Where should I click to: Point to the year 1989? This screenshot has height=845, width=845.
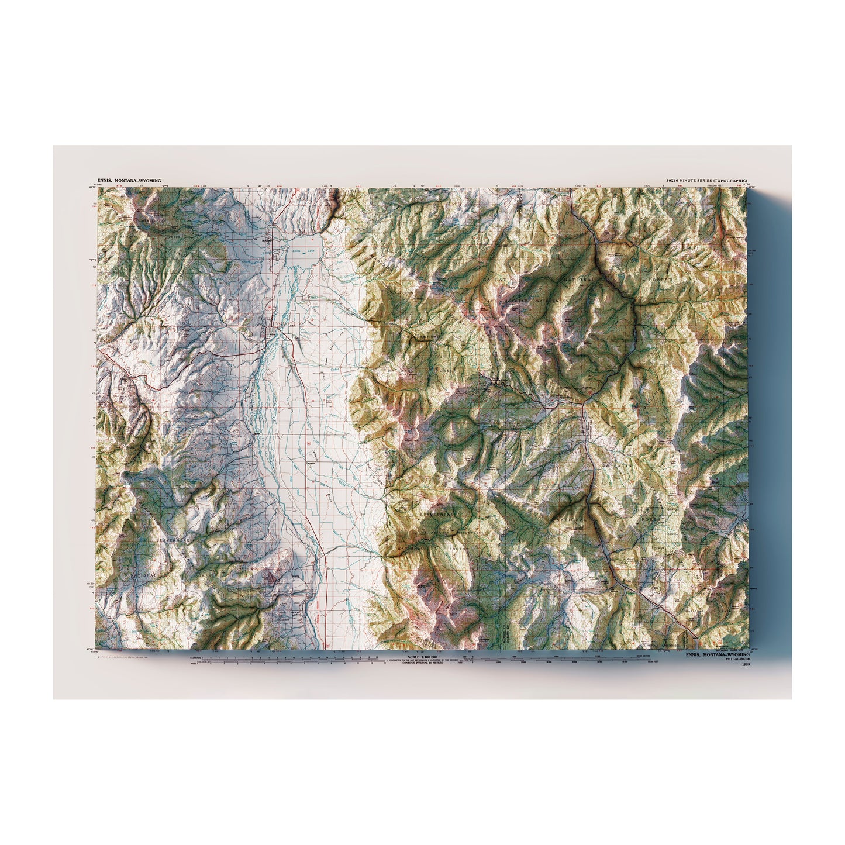[744, 665]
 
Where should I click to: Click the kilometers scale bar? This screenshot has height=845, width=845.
[287, 658]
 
